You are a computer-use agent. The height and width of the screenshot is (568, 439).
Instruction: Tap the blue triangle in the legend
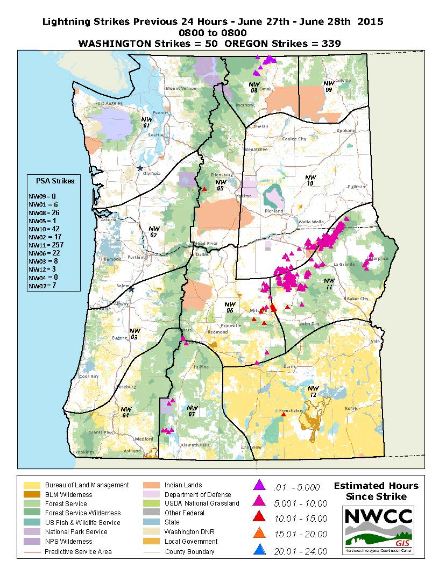pyautogui.click(x=260, y=550)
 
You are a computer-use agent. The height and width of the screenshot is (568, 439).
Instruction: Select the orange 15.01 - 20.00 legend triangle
pyautogui.click(x=260, y=534)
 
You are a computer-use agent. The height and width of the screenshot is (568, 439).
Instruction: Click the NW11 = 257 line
pyautogui.click(x=47, y=245)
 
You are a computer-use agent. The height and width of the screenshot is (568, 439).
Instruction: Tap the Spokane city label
pyautogui.click(x=346, y=131)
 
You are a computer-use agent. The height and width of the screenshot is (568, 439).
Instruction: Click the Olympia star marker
pyautogui.click(x=140, y=168)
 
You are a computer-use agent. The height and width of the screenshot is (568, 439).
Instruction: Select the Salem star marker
pyautogui.click(x=131, y=289)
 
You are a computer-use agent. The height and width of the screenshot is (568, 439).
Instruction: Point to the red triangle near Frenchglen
pyautogui.click(x=284, y=415)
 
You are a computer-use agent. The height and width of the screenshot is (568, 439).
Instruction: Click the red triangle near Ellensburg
pyautogui.click(x=204, y=189)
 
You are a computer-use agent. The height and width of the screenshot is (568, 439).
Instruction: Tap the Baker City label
pyautogui.click(x=357, y=299)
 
